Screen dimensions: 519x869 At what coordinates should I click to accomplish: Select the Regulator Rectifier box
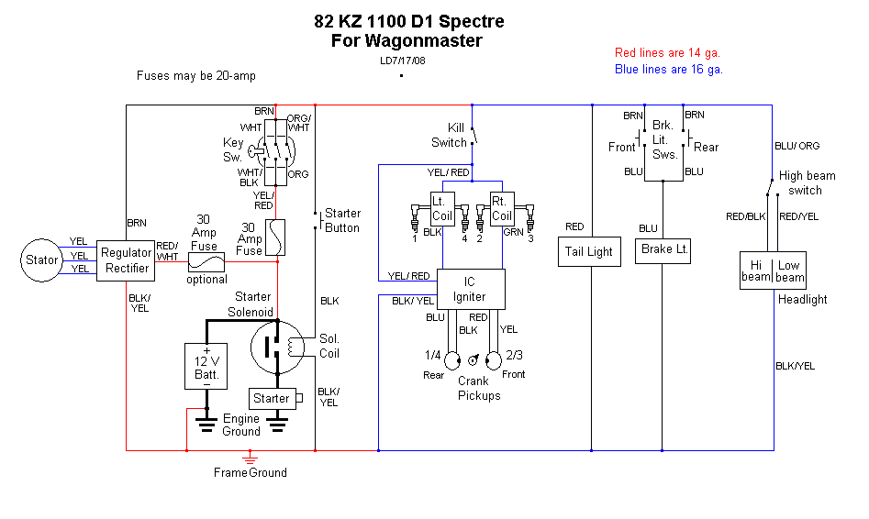127,260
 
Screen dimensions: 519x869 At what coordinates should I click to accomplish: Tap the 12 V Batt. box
206,366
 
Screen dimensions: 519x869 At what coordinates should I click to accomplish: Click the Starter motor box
273,399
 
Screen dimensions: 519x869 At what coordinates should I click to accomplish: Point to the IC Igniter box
470,290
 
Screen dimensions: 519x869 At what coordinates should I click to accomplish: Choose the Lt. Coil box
444,209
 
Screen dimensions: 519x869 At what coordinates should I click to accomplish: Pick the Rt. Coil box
501,209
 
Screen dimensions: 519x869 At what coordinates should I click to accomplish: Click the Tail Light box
587,252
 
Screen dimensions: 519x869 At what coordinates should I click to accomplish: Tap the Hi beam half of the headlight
756,271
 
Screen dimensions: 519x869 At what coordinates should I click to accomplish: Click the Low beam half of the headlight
789,271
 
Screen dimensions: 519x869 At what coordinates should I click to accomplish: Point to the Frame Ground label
250,473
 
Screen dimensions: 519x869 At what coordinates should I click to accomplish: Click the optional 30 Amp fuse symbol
206,261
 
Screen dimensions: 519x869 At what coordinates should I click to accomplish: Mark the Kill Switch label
450,135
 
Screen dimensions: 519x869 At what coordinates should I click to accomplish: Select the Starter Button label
342,221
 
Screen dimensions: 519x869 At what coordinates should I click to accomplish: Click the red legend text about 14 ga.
667,53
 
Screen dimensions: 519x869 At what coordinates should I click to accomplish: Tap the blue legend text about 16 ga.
669,69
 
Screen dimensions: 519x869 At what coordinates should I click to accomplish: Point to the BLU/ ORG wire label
797,146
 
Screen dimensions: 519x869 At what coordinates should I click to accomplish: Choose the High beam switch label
807,183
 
